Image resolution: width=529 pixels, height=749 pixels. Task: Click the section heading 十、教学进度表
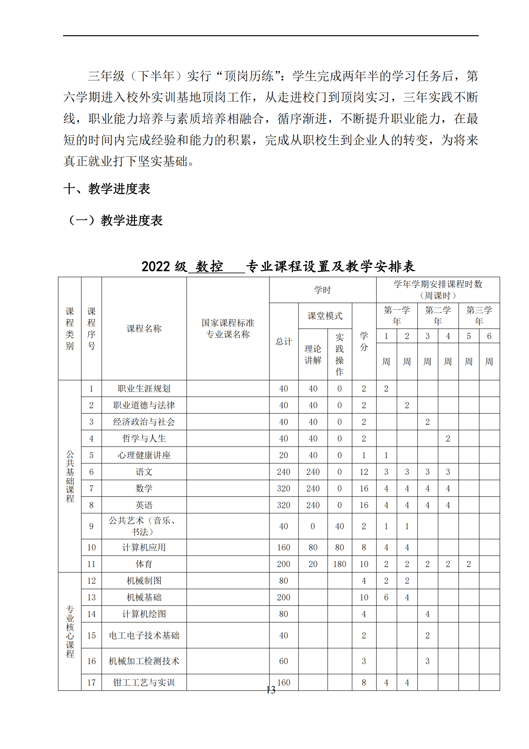click(x=107, y=189)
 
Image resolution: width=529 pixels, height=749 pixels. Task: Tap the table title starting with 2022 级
click(x=278, y=266)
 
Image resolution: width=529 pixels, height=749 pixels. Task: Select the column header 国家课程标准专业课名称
click(x=228, y=328)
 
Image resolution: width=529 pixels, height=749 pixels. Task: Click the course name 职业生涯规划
click(x=144, y=388)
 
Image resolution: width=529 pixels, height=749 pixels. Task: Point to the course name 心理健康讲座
click(x=144, y=455)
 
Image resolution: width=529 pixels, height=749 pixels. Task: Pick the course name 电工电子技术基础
click(x=144, y=635)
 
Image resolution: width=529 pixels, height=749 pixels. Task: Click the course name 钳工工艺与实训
click(x=144, y=682)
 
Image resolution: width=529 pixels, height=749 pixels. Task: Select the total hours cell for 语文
click(x=283, y=472)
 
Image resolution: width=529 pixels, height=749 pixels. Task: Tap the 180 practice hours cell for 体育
click(x=339, y=564)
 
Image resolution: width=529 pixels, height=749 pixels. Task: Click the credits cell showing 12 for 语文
click(x=364, y=472)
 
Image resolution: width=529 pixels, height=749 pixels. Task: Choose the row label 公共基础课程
click(x=70, y=476)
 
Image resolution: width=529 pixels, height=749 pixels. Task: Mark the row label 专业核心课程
click(x=70, y=631)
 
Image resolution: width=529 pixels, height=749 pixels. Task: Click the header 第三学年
click(x=479, y=315)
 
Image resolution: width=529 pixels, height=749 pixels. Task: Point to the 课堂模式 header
click(x=325, y=315)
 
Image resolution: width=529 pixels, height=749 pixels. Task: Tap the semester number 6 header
click(x=489, y=336)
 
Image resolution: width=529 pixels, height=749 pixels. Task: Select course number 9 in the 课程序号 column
click(x=91, y=526)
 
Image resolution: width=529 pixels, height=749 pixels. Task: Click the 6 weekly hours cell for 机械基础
click(x=386, y=597)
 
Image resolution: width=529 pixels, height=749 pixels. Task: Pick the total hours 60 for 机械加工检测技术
click(x=283, y=661)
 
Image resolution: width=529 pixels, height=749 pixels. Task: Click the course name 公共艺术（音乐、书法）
click(x=144, y=526)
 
